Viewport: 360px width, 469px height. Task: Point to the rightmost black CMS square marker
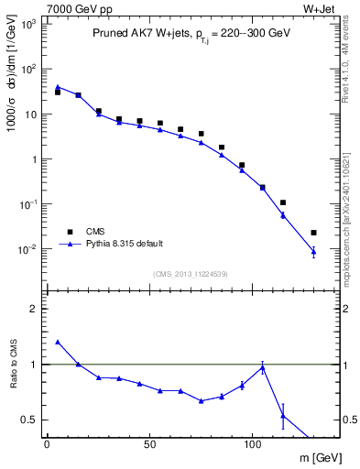(x=313, y=233)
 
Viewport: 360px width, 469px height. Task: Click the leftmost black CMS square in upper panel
(x=58, y=93)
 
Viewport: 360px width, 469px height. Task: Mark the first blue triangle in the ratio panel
(x=58, y=342)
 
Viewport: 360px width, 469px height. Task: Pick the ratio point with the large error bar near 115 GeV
(x=283, y=415)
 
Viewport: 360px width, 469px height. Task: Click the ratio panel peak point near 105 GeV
(x=263, y=367)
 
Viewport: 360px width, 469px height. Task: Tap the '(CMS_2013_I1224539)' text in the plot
(x=191, y=274)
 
